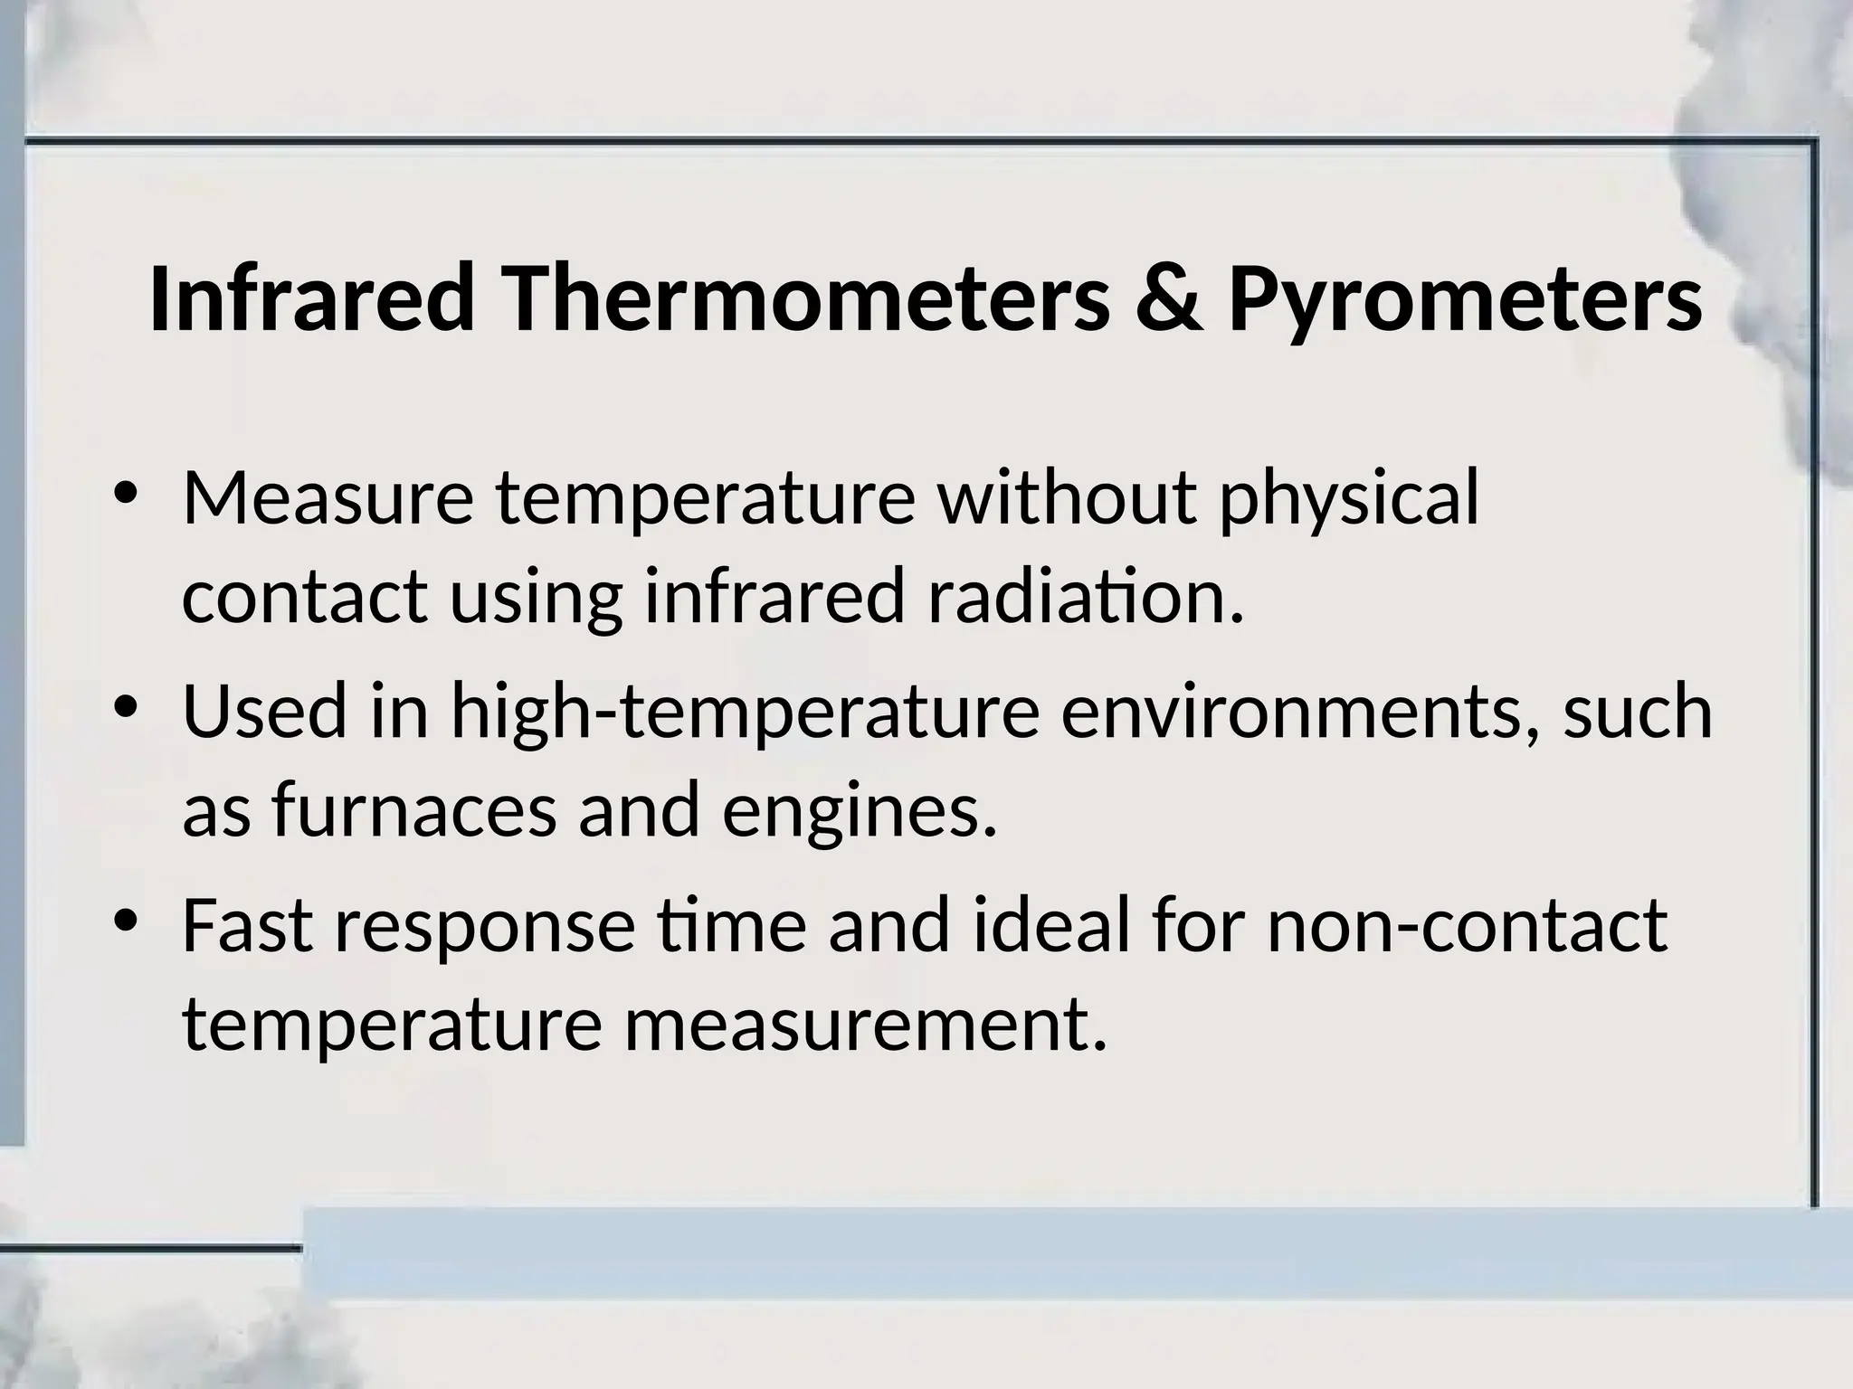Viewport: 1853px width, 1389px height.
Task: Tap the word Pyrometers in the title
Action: [x=1465, y=298]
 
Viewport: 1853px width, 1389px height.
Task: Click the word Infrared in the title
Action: [x=311, y=298]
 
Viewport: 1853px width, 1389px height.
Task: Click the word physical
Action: [x=1349, y=500]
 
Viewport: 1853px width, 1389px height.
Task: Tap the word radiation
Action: [x=1087, y=597]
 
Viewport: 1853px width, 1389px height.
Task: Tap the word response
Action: [x=485, y=928]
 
